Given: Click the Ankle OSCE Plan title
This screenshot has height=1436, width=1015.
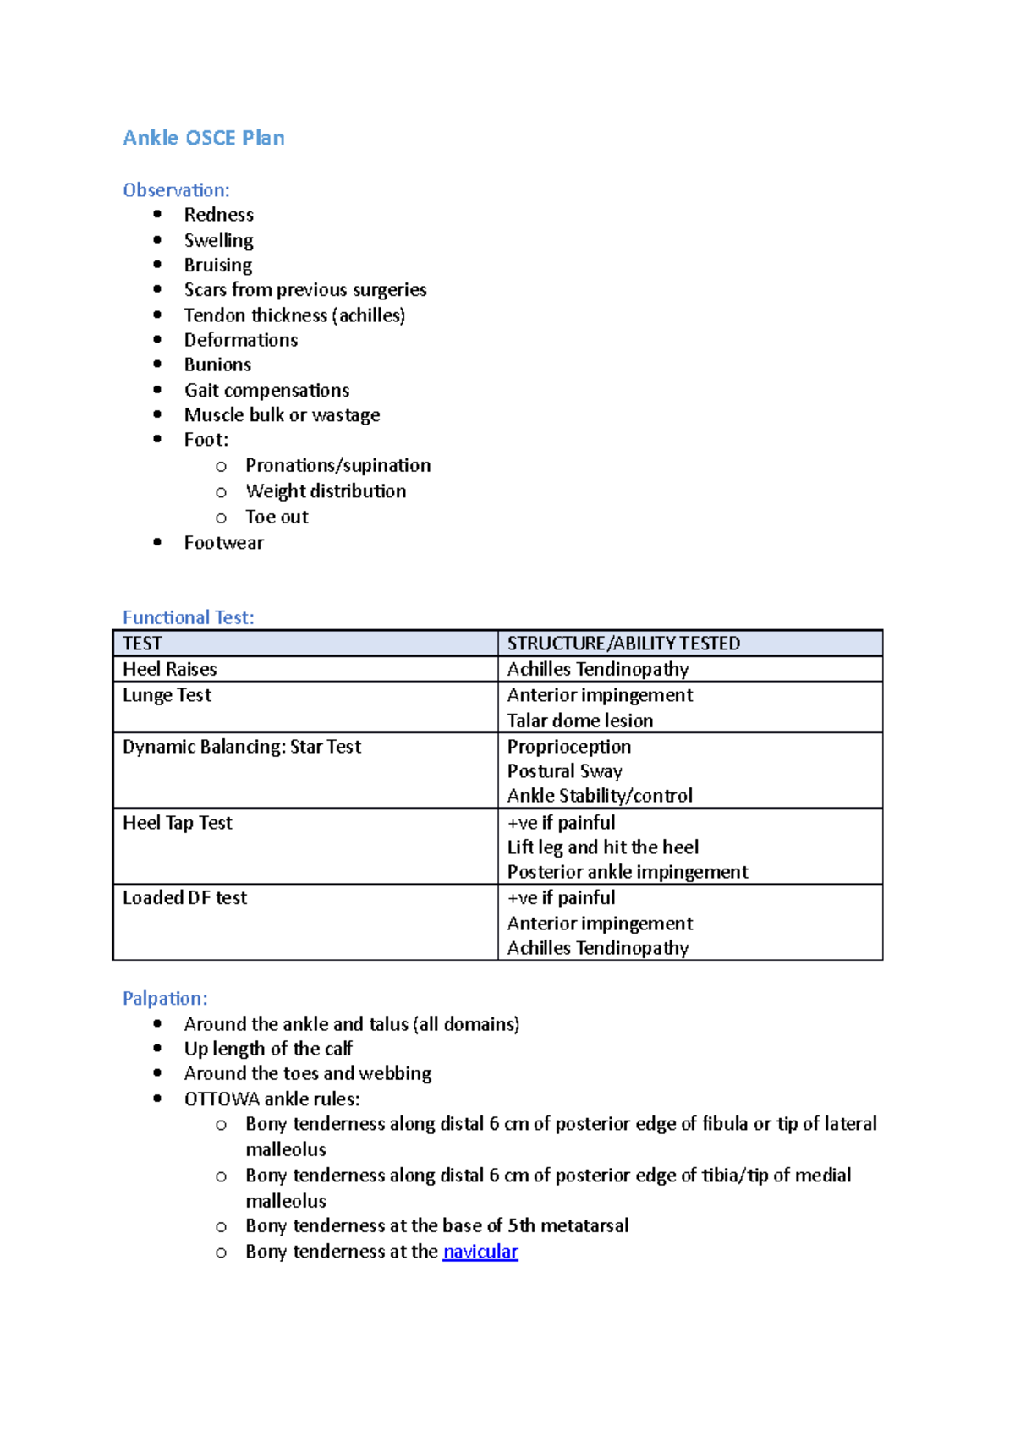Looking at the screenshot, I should click(x=203, y=138).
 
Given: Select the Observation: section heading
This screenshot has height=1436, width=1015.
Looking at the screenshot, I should click(x=176, y=190).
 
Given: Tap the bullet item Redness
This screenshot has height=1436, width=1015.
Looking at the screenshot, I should click(x=218, y=215).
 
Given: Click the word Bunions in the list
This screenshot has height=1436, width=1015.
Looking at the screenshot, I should click(x=217, y=364).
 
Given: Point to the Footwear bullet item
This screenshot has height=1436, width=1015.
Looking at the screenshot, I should click(x=223, y=543).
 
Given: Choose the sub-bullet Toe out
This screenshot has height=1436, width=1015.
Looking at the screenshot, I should click(x=277, y=517).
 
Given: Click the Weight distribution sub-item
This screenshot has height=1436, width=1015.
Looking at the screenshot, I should click(x=326, y=491).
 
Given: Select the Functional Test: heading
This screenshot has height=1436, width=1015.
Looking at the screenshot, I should click(x=188, y=617).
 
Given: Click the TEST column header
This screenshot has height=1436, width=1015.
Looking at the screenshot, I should click(x=142, y=644).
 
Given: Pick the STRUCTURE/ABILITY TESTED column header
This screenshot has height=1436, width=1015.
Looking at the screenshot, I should click(x=623, y=644).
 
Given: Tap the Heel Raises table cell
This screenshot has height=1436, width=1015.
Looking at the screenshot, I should click(x=169, y=670).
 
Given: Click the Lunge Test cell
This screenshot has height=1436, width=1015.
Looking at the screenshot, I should click(x=167, y=695).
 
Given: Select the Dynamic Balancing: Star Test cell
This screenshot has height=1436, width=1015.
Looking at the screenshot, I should click(x=241, y=747).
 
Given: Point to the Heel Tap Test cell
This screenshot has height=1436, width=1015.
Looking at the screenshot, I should click(x=177, y=823).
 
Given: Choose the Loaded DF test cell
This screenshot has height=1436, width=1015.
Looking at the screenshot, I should click(x=184, y=898).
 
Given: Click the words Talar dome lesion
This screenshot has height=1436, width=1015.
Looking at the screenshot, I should click(x=579, y=721).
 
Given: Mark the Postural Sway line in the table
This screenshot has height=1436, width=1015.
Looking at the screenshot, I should click(x=564, y=771).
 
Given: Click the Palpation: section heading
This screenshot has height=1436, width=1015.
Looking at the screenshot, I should click(x=165, y=999).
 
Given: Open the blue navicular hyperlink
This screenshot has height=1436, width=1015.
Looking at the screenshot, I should click(x=480, y=1252).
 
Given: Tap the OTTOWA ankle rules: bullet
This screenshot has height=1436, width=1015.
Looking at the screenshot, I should click(x=272, y=1099).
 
